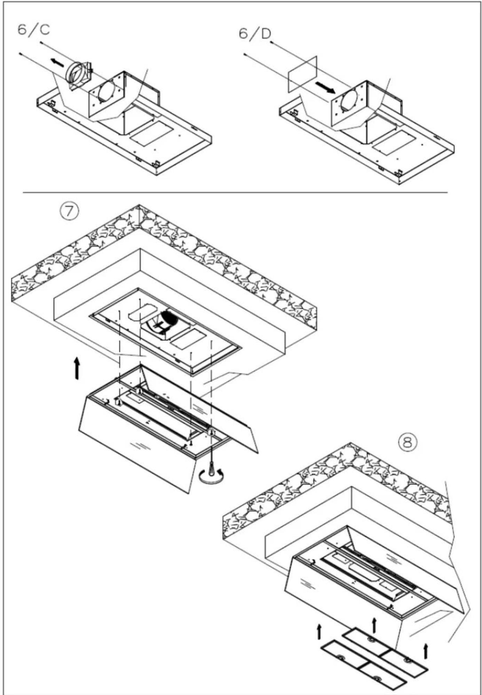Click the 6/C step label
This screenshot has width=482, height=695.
(34, 30)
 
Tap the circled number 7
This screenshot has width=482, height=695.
(69, 212)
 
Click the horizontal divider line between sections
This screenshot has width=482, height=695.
(235, 192)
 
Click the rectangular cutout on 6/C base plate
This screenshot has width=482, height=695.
(151, 133)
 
